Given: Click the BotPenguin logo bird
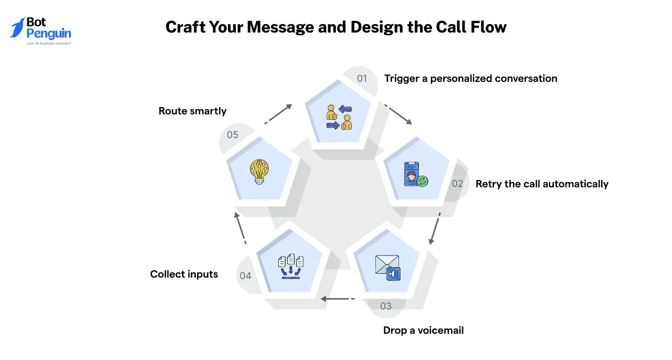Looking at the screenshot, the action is (17, 28).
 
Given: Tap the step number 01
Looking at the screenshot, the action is (362, 79).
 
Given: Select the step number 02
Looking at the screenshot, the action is (457, 184).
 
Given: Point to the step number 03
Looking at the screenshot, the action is (386, 306).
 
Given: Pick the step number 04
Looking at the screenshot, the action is (245, 276).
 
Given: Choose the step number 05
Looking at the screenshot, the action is (233, 135).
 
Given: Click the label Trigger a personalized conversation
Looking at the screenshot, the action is (471, 79).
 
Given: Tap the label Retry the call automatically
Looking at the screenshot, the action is (542, 184).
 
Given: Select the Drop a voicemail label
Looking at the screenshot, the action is (423, 330).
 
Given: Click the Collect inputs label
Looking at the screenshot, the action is (184, 274).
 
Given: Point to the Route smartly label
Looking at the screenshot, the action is (192, 111).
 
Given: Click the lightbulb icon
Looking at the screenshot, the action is (259, 172).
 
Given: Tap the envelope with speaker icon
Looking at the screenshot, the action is (387, 268).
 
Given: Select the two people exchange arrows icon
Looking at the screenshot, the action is (339, 117).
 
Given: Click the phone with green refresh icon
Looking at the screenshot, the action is (416, 174).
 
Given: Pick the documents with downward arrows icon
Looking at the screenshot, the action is (290, 267).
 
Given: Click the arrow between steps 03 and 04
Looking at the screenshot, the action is (338, 299).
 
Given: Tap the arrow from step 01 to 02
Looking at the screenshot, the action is (398, 114).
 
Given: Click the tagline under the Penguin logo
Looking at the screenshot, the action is (49, 44).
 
